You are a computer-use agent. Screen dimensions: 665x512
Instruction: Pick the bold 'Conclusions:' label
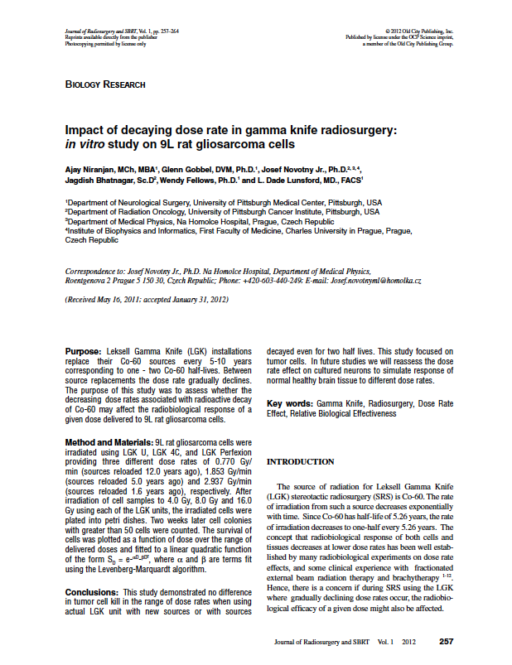click(91, 593)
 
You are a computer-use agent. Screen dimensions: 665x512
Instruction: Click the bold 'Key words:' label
click(290, 403)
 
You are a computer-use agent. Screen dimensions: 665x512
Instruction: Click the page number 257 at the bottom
click(446, 641)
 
